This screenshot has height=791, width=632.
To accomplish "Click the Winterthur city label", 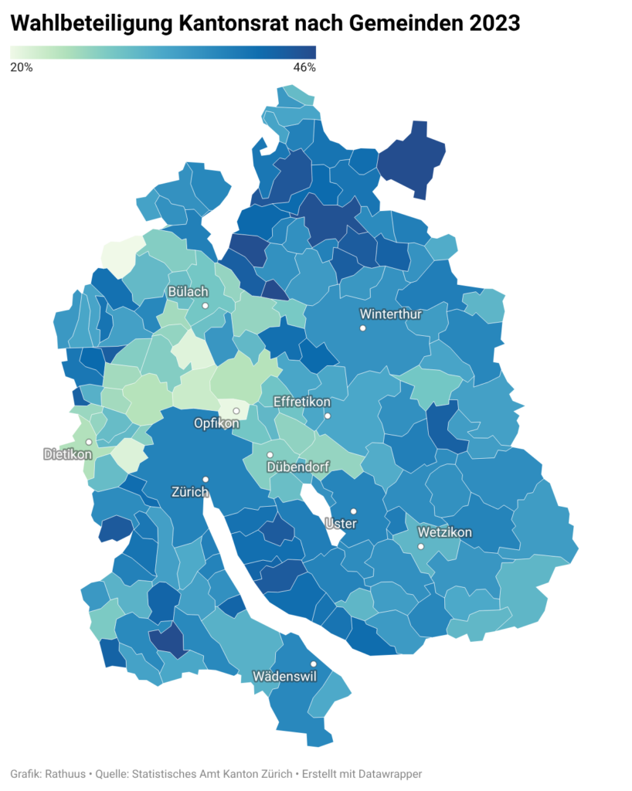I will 390,314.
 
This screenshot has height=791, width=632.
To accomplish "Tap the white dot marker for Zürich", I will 206,479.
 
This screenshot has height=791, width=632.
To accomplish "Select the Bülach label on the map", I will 188,292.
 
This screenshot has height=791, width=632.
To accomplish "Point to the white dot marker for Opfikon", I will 236,411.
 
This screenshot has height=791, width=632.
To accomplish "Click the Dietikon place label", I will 68,454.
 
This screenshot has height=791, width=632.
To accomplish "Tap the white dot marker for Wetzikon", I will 421,546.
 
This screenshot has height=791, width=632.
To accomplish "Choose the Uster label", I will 341,524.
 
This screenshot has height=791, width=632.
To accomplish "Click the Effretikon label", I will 302,402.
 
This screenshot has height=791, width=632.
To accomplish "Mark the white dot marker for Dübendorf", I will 270,455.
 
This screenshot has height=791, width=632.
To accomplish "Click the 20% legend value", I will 21,67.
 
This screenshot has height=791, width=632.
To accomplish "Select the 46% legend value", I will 305,67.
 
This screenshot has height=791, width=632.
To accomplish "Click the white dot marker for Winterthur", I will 362,328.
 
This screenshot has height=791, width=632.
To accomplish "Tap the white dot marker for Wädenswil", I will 314,664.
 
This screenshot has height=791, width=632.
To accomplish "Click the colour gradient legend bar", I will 163,53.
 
